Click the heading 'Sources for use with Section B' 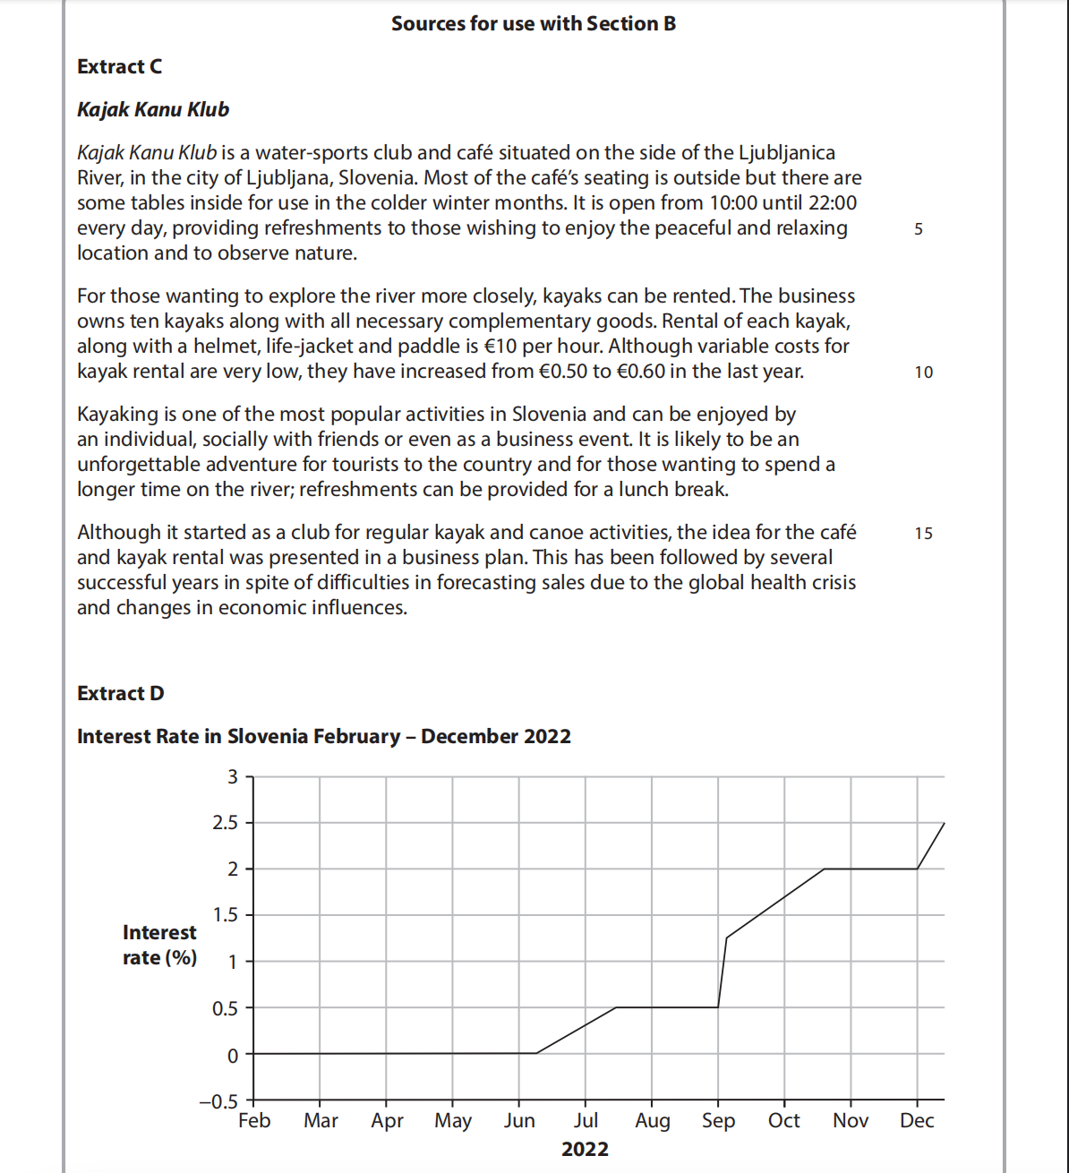point(534,24)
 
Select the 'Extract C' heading point(120,67)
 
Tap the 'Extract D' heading point(121,694)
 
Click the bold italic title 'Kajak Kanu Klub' point(153,110)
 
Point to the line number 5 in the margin point(919,229)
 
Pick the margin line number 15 point(923,534)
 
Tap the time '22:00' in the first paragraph point(832,203)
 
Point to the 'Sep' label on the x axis point(718,1121)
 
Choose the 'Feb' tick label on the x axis point(254,1121)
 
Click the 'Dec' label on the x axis point(917,1121)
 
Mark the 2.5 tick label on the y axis point(226,823)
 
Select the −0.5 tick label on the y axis point(219,1101)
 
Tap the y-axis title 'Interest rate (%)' point(159,946)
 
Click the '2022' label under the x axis point(585,1150)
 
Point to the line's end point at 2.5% point(944,823)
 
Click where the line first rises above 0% point(536,1053)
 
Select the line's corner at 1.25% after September point(726,938)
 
